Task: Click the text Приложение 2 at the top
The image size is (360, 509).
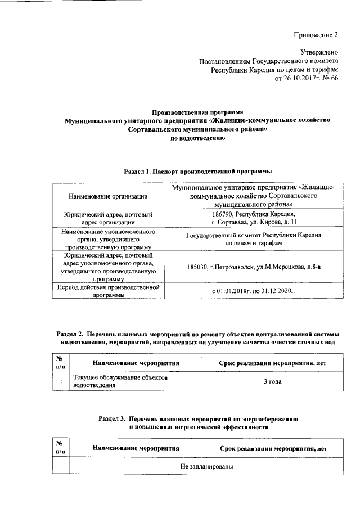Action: [316, 35]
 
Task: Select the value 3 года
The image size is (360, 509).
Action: [272, 382]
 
